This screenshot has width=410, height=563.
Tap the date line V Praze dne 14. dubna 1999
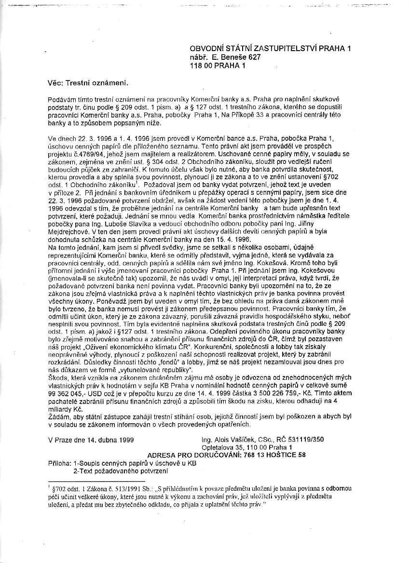(x=91, y=440)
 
